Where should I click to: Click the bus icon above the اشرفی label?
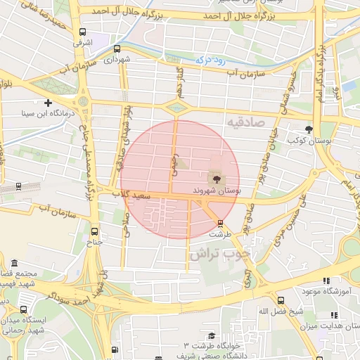83,32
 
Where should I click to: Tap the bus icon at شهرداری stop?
117,49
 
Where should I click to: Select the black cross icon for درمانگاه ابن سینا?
49,103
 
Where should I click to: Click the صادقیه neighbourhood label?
244,123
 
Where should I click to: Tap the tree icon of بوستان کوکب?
309,129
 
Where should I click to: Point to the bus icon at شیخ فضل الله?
281,300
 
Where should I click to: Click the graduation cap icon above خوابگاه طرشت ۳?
210,336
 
